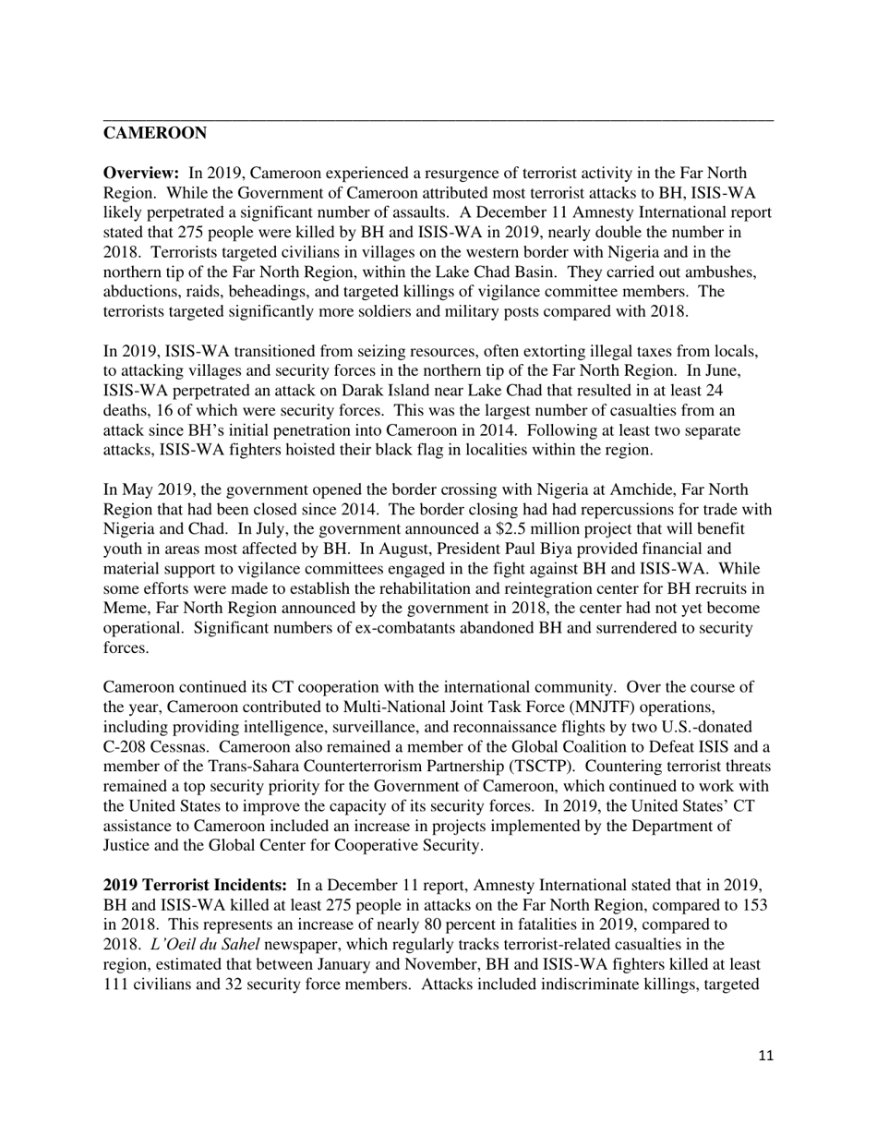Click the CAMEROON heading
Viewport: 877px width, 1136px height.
coord(154,134)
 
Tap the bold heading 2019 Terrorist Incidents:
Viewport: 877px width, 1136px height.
coord(196,886)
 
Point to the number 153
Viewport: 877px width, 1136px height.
coord(755,905)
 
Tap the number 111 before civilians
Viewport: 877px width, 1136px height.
coord(116,985)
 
